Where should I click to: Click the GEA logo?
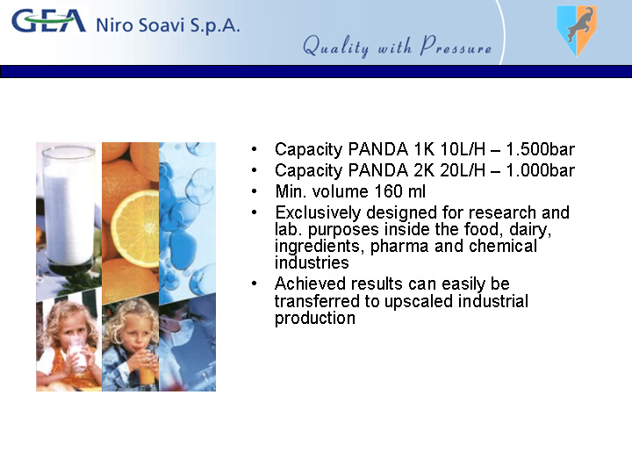49,21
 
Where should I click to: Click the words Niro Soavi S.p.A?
168,25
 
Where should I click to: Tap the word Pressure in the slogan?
456,46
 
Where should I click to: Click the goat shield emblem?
577,31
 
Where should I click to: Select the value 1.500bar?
540,149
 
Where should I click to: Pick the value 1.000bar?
540,170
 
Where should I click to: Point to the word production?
315,319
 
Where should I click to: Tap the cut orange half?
134,228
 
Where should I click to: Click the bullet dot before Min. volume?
254,191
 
